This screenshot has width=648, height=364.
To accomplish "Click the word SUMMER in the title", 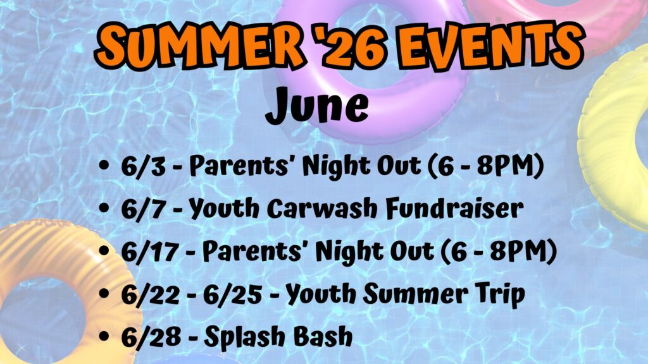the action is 200,45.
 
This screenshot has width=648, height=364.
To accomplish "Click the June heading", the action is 317,106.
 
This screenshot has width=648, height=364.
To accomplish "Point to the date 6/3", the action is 143,166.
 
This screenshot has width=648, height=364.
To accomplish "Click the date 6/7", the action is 143,209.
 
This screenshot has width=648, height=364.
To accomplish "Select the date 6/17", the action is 149,252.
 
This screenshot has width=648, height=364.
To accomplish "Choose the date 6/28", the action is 151,336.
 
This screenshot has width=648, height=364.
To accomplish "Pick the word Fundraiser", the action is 454,209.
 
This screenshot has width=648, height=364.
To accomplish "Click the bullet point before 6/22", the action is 104,294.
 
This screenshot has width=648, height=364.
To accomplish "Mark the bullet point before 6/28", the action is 104,336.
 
